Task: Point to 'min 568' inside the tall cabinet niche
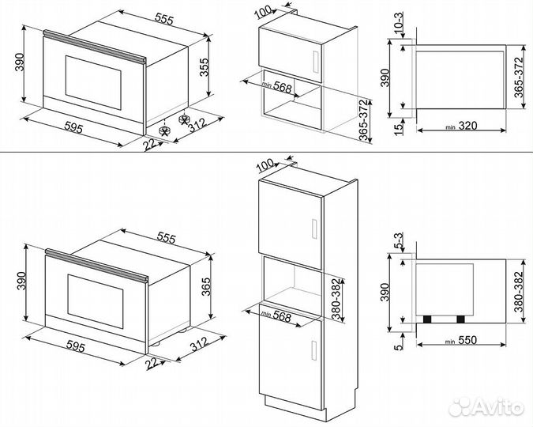[272, 316]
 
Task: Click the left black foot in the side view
[428, 319]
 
